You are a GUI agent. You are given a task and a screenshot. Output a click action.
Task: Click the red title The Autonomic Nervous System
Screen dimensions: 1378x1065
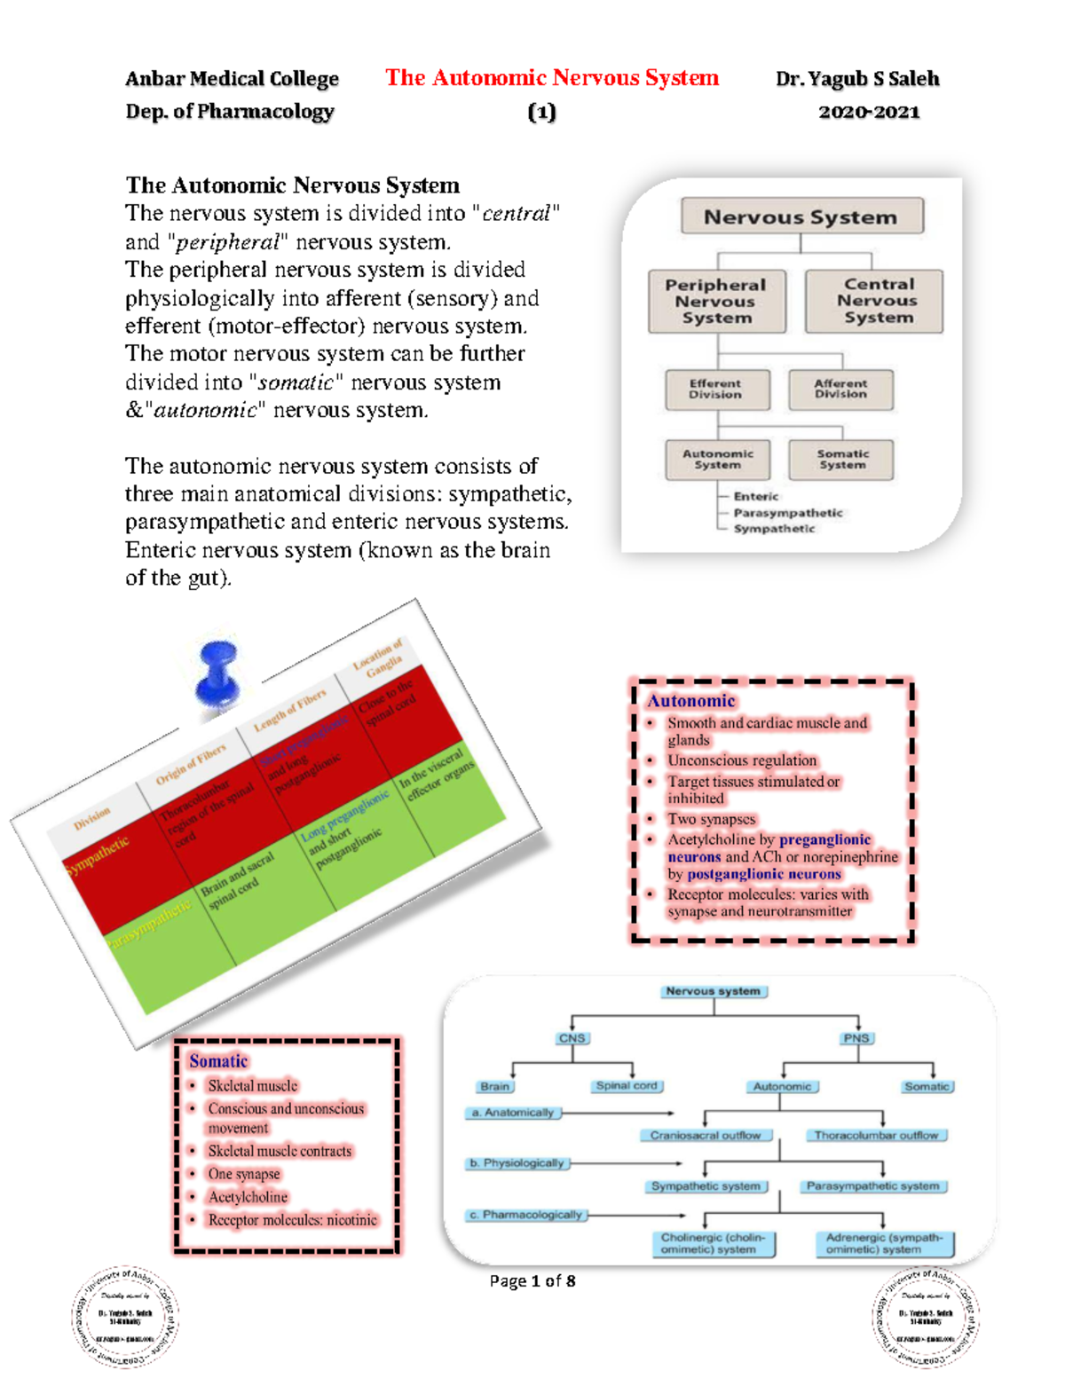coord(551,78)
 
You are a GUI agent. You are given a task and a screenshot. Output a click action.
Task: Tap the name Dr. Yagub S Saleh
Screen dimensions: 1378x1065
coord(856,79)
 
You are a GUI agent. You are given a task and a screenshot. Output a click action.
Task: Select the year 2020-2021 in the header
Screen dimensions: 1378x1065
coord(868,112)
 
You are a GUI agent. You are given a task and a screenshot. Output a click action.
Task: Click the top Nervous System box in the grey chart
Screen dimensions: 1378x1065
coord(801,217)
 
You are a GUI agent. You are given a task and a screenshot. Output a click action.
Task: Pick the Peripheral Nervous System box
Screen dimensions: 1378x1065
coord(716,302)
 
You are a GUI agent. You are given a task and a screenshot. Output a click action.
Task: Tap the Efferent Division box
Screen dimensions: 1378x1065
coord(716,390)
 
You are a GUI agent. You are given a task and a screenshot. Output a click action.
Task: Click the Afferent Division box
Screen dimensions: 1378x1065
coord(840,390)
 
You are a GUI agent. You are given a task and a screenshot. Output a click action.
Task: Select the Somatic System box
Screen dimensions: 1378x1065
coord(841,460)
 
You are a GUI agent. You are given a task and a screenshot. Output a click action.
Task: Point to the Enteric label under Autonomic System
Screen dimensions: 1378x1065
coord(755,497)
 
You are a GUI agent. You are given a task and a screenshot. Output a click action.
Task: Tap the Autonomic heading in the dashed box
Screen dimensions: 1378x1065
coord(690,701)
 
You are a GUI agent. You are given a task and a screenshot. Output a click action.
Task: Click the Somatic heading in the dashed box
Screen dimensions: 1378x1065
coord(218,1061)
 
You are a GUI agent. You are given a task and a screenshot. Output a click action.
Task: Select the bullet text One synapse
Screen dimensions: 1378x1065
coord(244,1174)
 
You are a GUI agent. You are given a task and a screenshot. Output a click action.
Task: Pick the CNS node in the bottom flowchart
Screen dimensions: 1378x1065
coord(572,1038)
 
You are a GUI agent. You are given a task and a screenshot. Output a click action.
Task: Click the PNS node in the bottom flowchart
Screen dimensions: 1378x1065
coord(856,1038)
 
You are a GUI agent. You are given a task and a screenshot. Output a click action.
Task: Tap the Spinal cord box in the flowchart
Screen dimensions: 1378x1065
coord(627,1086)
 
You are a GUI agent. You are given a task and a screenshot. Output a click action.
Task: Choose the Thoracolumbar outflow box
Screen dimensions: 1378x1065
coord(876,1136)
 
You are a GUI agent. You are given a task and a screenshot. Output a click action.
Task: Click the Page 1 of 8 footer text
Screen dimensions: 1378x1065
coord(532,1281)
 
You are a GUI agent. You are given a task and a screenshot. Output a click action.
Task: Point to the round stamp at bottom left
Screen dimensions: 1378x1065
coord(125,1318)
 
